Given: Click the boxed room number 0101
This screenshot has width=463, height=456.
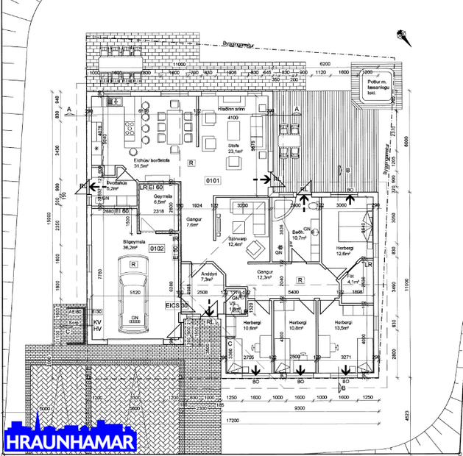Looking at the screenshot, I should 213,179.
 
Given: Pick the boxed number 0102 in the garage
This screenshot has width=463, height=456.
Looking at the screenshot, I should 157,249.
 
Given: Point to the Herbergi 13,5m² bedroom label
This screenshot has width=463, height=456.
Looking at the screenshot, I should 343,326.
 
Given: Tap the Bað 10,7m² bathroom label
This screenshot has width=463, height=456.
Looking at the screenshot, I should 299,235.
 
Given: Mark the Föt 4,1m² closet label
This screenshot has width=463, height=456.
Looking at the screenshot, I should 353,279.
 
